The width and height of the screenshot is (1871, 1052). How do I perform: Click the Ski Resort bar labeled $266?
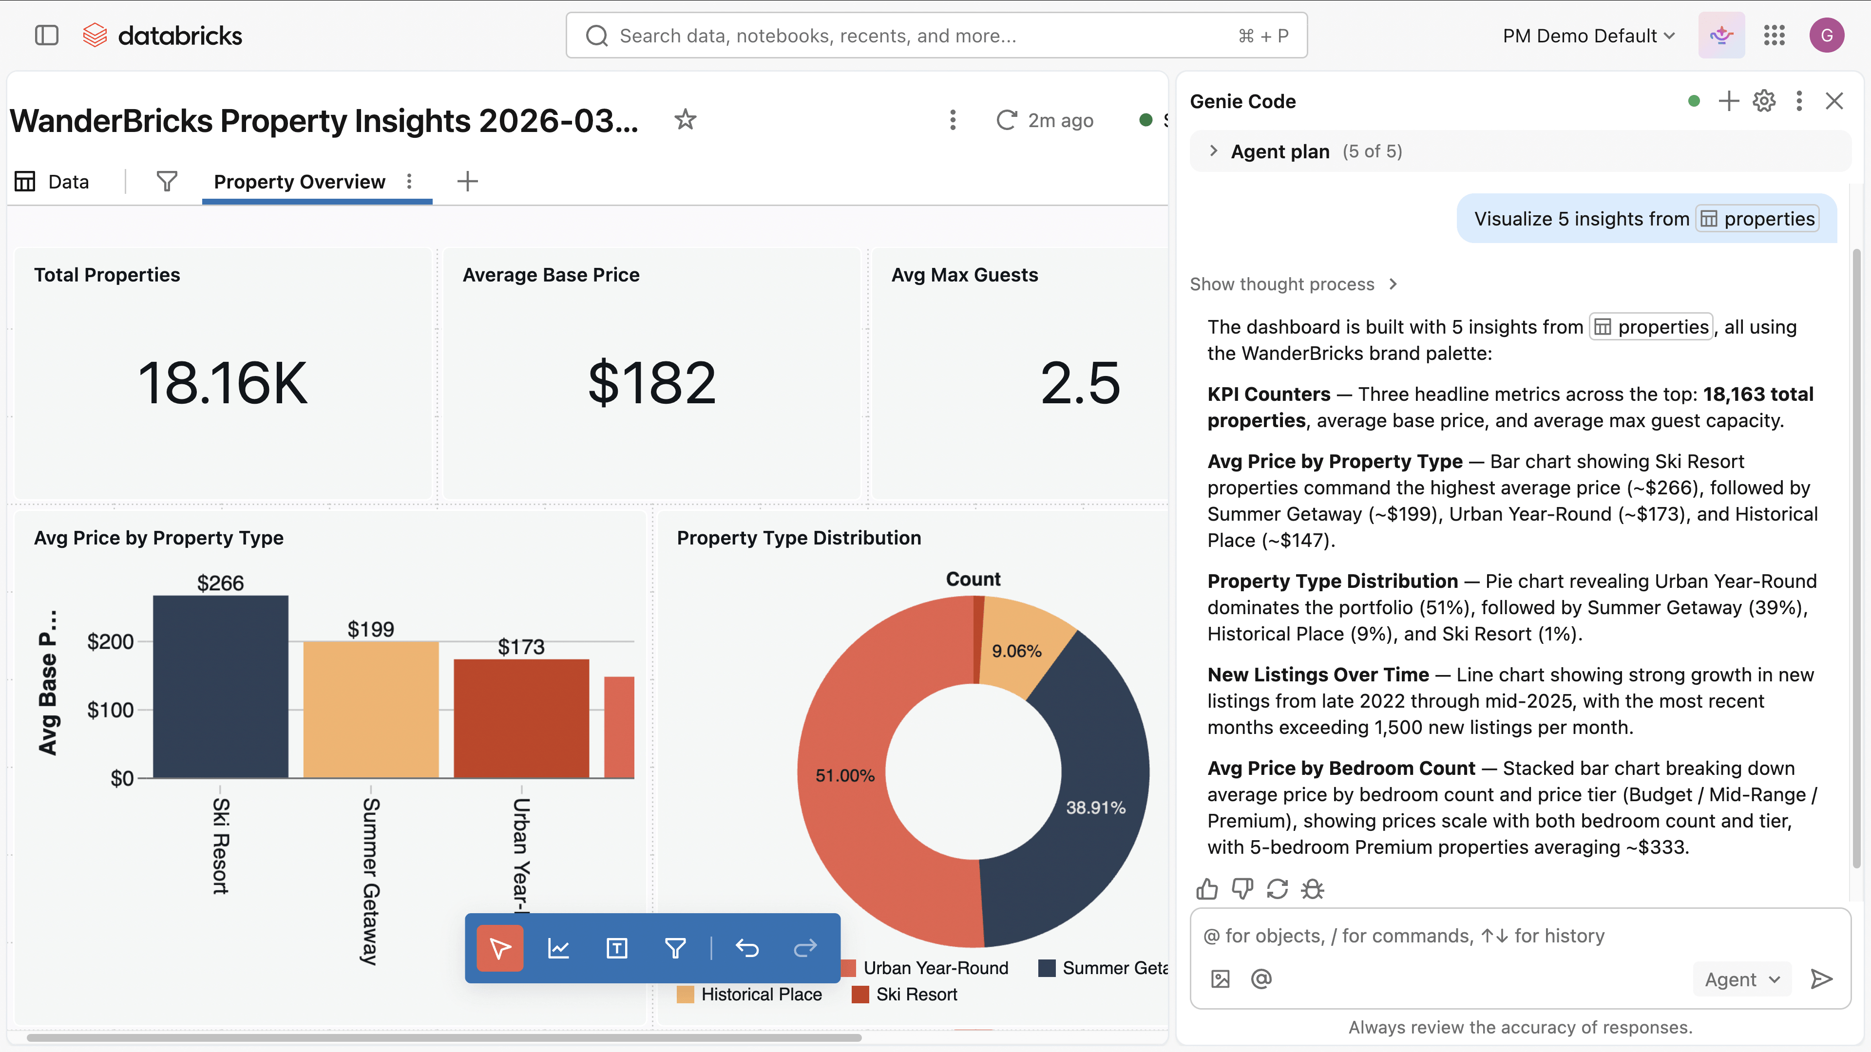220,686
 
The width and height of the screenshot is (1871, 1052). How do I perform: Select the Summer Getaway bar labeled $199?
370,709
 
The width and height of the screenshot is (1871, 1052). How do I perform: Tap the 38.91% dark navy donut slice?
1082,799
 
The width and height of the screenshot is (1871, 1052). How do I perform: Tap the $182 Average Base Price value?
651,383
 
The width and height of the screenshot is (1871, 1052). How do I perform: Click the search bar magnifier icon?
596,36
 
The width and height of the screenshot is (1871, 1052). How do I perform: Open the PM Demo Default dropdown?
1588,36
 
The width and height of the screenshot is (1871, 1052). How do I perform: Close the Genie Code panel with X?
1834,101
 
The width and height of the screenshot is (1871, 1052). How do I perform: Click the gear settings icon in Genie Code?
1763,101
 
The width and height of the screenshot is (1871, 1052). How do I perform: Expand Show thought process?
1293,284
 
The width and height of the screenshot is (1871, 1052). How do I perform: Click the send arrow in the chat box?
1821,978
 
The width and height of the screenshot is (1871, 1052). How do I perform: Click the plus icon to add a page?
468,182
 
